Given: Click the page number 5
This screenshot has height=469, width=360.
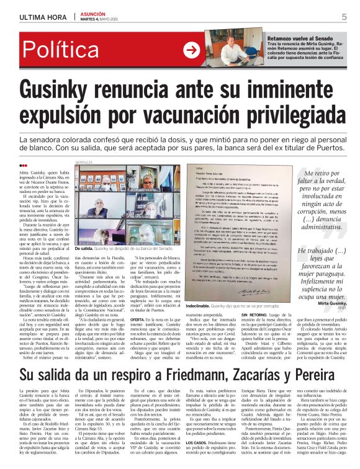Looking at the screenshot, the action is (343, 17).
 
